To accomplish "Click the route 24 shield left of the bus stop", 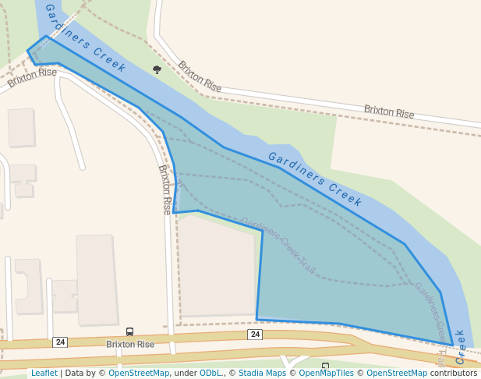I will click(60, 342).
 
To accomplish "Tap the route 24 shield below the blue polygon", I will click(255, 335).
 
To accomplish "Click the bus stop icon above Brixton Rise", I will click(129, 332).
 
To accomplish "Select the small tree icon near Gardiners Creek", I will click(157, 69).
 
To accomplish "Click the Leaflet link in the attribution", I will click(44, 374).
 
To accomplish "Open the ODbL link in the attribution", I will click(211, 374).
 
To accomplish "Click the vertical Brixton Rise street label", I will click(165, 189).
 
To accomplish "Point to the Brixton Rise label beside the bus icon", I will click(130, 344).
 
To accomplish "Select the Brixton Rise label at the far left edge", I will click(32, 77).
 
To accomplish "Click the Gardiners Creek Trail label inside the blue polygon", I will click(278, 245).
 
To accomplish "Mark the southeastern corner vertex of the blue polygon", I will click(453, 345).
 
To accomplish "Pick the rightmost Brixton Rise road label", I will click(389, 112).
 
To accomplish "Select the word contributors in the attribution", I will click(454, 374).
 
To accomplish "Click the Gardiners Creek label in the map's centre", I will click(315, 179).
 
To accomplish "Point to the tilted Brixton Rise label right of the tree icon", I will click(200, 76).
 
